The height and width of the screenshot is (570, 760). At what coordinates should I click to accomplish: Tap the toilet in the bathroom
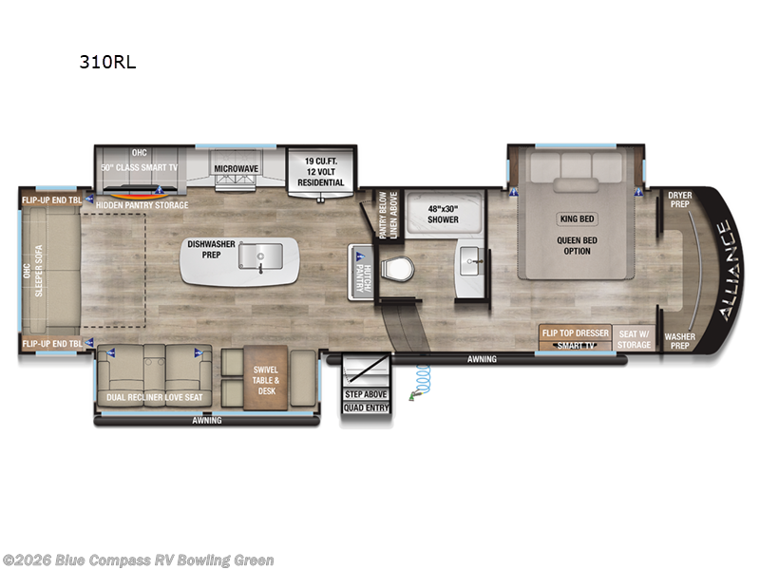399,269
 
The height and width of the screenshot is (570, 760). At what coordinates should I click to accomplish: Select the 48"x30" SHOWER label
442,214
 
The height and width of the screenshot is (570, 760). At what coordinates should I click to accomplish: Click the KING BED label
578,218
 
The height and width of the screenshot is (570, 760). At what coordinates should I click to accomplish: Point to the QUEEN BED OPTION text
577,245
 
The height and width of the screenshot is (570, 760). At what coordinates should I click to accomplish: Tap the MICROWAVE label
236,168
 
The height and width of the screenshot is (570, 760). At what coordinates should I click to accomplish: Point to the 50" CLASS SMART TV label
141,168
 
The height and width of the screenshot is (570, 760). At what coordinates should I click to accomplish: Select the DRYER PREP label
679,200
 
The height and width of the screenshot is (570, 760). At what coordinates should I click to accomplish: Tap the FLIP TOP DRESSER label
576,332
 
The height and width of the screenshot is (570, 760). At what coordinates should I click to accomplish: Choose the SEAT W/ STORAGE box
634,338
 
